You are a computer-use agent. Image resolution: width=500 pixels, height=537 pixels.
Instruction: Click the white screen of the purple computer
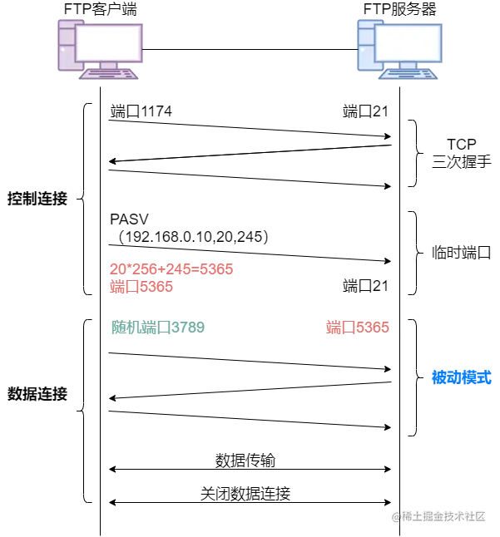(109, 42)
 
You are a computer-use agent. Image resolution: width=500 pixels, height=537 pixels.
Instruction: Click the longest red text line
(171, 268)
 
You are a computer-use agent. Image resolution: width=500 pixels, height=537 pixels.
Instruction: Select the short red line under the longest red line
(141, 287)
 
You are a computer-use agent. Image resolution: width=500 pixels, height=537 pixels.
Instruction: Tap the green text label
(157, 328)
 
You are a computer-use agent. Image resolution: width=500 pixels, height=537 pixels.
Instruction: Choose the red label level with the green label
(358, 327)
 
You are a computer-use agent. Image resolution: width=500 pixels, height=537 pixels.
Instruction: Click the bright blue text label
(461, 377)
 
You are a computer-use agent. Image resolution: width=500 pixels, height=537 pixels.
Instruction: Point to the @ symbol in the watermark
(394, 515)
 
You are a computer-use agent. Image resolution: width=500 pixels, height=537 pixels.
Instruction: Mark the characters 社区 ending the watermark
(474, 515)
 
